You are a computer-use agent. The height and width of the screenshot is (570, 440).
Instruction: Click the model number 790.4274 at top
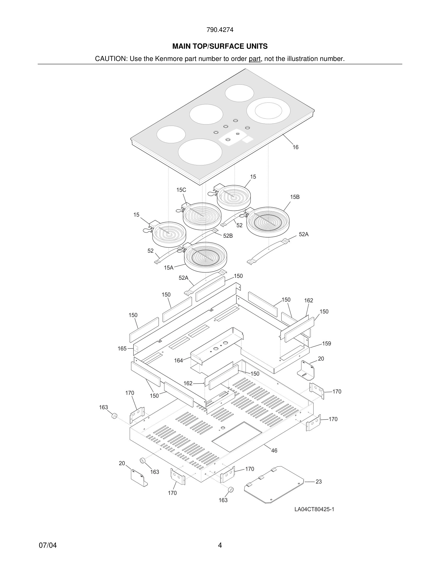(x=220, y=30)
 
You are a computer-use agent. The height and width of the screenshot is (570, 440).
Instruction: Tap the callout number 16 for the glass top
(x=295, y=147)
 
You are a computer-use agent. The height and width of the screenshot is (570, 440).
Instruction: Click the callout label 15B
(x=295, y=197)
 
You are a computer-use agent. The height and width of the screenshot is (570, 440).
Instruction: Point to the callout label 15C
(x=181, y=190)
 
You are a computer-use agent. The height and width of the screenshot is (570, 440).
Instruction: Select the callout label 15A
(x=169, y=267)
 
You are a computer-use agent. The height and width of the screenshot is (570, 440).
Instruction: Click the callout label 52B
(x=228, y=236)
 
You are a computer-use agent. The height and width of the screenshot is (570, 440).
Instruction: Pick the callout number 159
(x=326, y=344)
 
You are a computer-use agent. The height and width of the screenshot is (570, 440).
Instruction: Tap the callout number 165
(x=122, y=348)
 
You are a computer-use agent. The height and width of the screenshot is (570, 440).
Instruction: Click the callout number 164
(x=179, y=361)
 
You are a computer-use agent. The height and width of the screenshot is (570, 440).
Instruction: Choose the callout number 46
(x=274, y=451)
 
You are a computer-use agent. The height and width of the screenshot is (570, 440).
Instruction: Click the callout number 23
(x=318, y=481)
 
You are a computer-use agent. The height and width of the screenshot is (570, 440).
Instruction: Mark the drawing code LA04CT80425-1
(x=314, y=509)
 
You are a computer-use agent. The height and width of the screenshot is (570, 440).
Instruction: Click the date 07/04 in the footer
(x=48, y=545)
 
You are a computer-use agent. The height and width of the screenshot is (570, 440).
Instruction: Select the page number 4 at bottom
(x=220, y=545)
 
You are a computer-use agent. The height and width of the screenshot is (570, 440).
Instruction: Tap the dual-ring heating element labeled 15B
(x=268, y=222)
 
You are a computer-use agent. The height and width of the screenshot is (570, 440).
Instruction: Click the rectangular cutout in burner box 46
(x=237, y=437)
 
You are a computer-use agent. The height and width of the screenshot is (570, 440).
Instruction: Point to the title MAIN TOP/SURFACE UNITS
(x=220, y=47)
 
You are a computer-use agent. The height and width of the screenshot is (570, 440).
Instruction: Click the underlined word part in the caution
(x=255, y=59)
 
